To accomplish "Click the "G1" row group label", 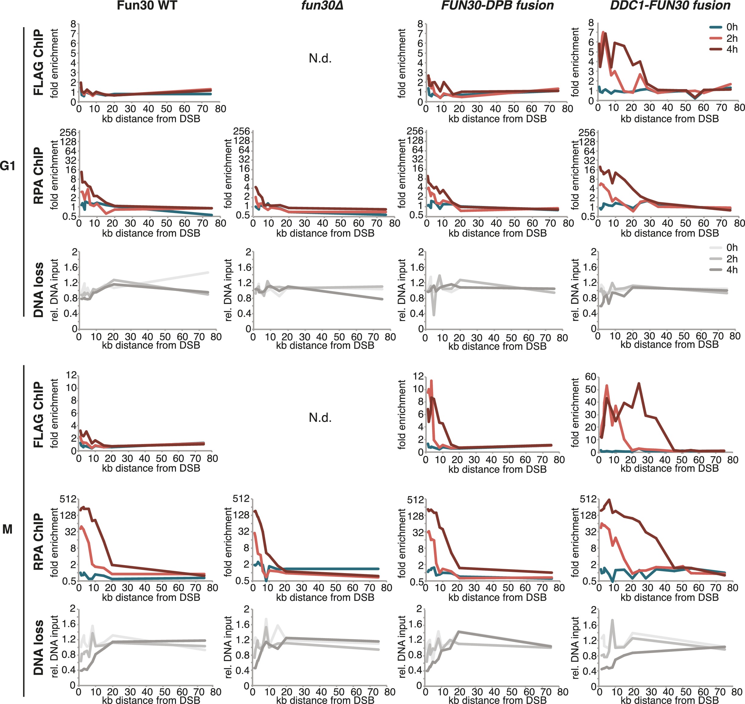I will click(x=8, y=165).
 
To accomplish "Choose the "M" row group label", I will click(x=8, y=529).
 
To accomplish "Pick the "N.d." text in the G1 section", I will click(x=320, y=59).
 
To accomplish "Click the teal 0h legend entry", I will click(x=723, y=27).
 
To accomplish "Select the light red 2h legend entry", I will click(x=723, y=38).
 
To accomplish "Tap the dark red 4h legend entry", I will click(x=723, y=49).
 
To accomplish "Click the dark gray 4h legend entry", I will click(x=723, y=269).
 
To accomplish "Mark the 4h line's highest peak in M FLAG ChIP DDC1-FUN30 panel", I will click(x=639, y=384).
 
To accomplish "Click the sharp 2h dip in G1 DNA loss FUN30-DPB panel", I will click(x=434, y=315).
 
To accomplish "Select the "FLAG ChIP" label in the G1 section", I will click(x=39, y=62).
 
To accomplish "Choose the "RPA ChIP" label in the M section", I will click(x=39, y=542).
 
